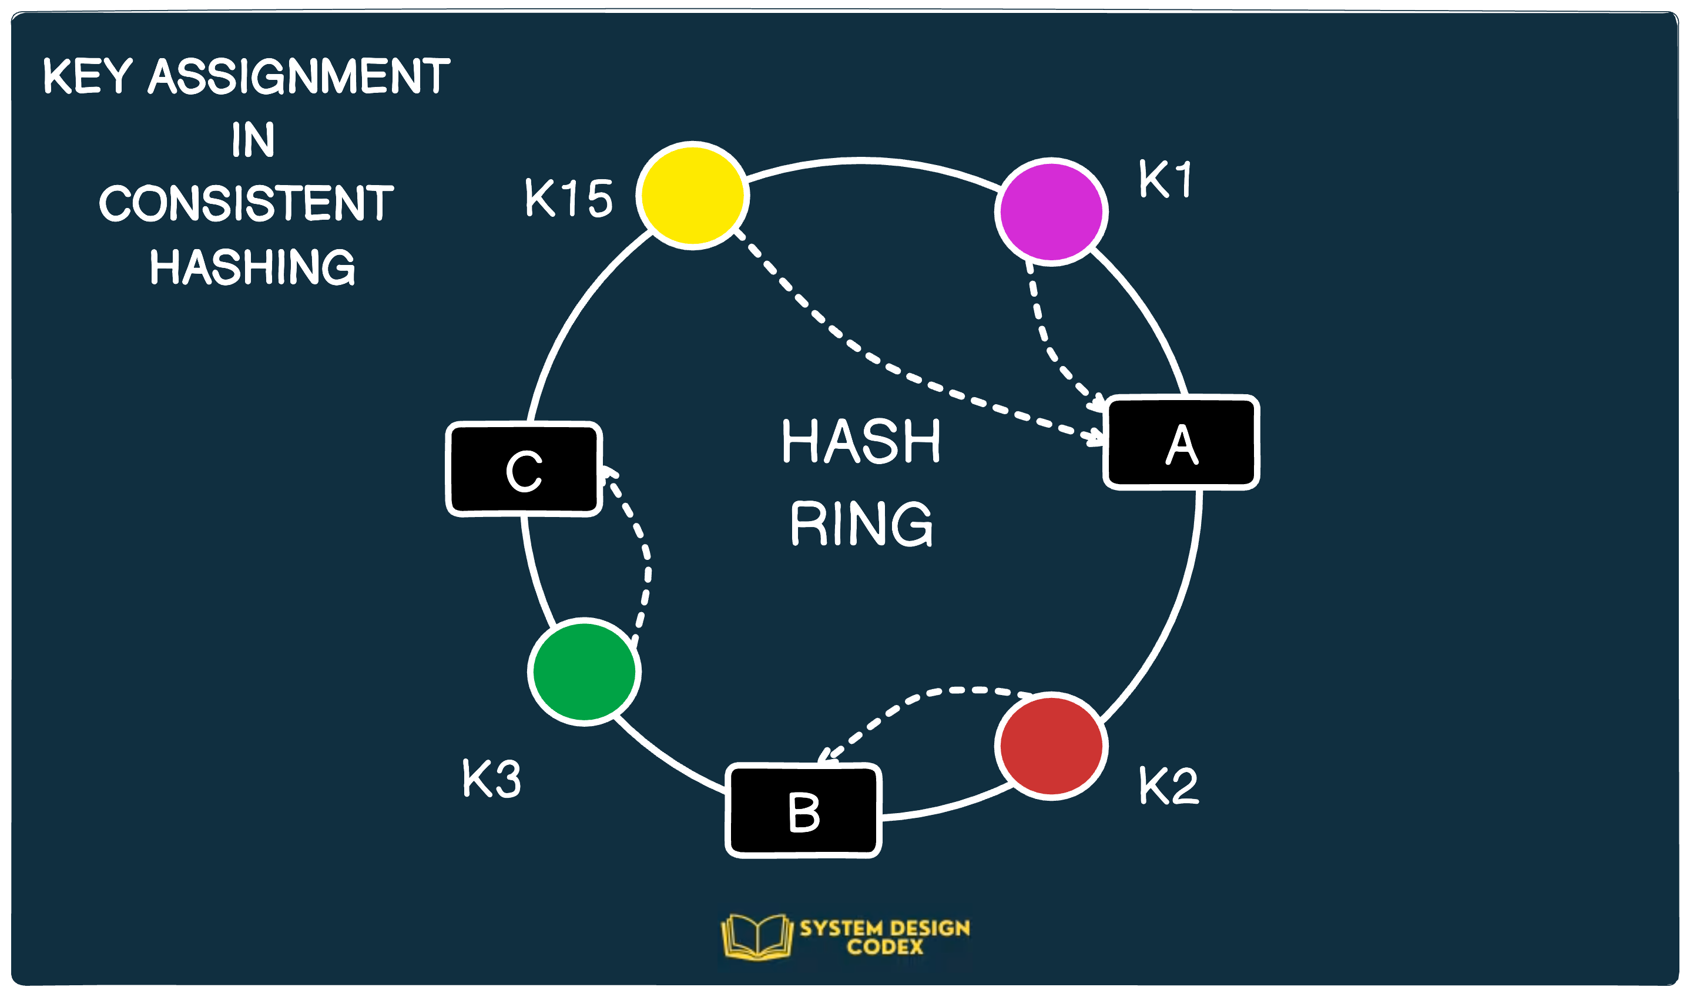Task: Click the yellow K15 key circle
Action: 692,196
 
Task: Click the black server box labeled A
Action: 1181,443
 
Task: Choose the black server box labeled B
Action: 803,811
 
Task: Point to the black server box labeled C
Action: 524,469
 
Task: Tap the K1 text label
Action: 1165,179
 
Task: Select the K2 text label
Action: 1168,785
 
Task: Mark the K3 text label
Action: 491,779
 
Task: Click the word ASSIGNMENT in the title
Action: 299,76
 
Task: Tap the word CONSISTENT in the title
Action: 246,203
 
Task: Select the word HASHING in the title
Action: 252,267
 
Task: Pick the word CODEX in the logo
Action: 885,947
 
